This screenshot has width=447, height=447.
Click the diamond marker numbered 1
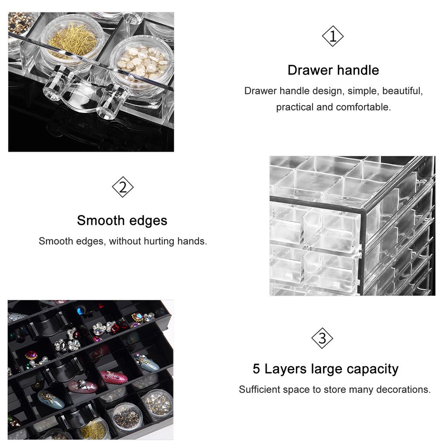pyautogui.click(x=333, y=37)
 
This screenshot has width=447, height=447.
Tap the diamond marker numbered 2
pyautogui.click(x=123, y=187)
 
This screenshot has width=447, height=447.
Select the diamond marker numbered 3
pyautogui.click(x=322, y=338)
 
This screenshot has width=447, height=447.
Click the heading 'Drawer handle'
pyautogui.click(x=333, y=70)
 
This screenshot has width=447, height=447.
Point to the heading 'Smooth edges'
pyautogui.click(x=122, y=220)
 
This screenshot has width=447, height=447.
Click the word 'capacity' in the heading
pyautogui.click(x=372, y=369)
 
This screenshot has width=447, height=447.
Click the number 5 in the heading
pyautogui.click(x=257, y=369)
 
